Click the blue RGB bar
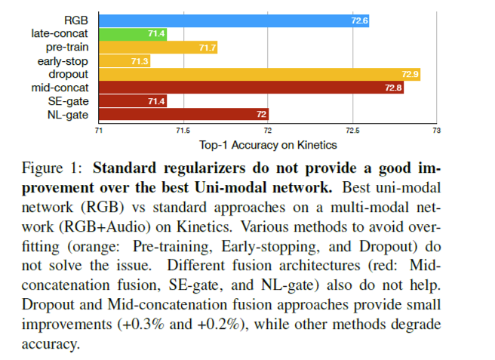coord(234,20)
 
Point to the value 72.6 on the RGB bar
coord(359,20)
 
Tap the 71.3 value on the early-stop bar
coord(140,61)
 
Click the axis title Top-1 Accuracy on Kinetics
coord(268,145)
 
